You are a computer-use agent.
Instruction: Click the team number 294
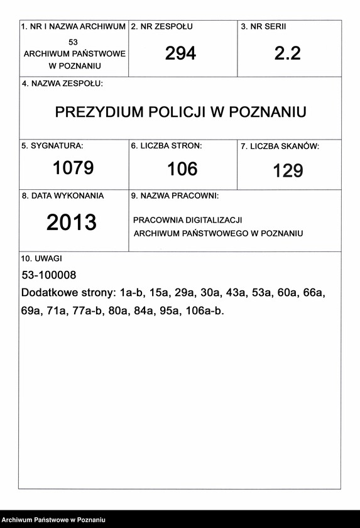[180, 54]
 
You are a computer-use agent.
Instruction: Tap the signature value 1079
[73, 168]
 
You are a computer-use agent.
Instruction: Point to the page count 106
[182, 168]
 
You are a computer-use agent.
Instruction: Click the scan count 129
[288, 170]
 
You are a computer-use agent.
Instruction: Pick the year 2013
[72, 223]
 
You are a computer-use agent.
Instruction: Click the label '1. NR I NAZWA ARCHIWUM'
[74, 27]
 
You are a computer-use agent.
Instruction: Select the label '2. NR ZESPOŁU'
[161, 27]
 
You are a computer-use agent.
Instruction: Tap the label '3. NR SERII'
[263, 27]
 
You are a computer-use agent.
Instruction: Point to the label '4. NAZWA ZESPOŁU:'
[62, 84]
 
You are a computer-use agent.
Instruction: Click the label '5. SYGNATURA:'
[52, 146]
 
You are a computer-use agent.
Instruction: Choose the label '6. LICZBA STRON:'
[166, 146]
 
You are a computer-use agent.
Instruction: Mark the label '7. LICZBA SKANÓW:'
[280, 146]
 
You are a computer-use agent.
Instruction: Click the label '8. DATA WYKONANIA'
[63, 195]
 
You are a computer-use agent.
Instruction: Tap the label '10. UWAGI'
[42, 258]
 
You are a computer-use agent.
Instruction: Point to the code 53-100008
[48, 275]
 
